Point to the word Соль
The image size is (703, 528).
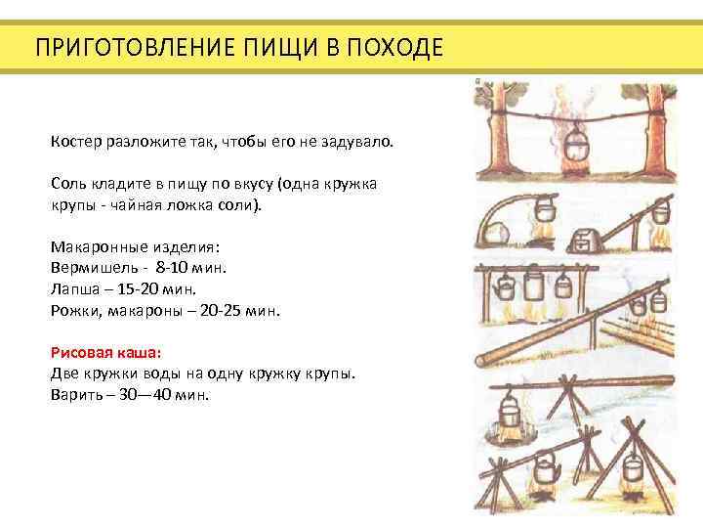point(67,184)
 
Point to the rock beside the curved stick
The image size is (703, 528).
point(497,236)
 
